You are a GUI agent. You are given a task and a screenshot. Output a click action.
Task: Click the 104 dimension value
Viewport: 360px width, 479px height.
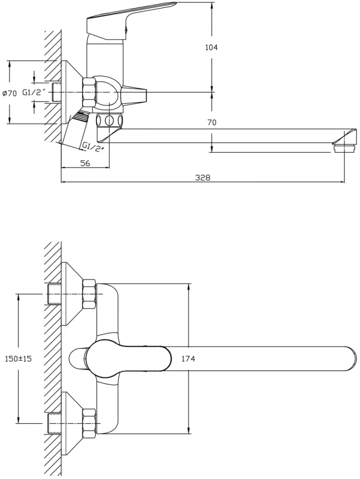[211, 47]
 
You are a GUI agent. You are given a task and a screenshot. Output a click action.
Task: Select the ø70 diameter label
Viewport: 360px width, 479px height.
[10, 93]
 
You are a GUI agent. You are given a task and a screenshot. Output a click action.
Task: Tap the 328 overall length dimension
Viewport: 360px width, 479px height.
[202, 178]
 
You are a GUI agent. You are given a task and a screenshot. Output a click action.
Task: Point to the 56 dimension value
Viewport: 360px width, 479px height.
[85, 163]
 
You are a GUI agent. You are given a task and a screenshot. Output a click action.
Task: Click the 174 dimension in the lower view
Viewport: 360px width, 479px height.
[189, 359]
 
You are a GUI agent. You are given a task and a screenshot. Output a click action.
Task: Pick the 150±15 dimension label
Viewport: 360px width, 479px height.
[18, 359]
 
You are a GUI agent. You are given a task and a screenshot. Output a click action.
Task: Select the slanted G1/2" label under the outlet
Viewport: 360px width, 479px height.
[93, 146]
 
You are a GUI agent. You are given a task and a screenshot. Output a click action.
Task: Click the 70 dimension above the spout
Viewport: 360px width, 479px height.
[211, 122]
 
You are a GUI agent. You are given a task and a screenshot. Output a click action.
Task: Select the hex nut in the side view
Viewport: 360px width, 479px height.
[88, 93]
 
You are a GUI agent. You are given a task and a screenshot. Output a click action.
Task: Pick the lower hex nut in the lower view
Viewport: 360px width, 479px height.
[89, 423]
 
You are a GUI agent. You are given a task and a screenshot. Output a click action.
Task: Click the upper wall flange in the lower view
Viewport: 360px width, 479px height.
[70, 294]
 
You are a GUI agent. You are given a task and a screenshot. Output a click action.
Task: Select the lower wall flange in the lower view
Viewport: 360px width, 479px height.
[70, 423]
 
